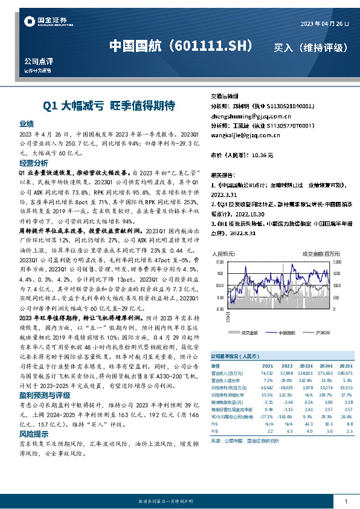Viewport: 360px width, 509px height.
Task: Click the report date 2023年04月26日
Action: tap(325, 24)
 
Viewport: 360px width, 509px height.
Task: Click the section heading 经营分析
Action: tap(34, 163)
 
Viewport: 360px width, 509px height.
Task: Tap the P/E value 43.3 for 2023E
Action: tap(308, 424)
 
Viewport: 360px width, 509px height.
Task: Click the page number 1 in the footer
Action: tap(345, 501)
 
